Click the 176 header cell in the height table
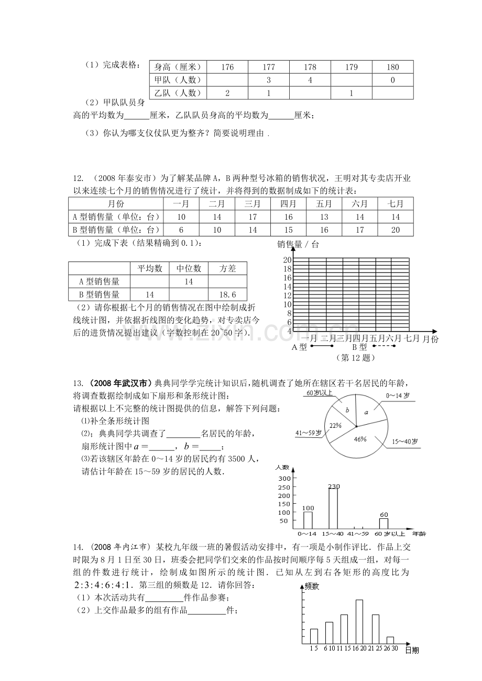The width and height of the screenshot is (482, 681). [227, 67]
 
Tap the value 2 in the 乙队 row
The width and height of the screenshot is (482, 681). [227, 93]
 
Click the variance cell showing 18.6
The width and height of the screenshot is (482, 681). [227, 294]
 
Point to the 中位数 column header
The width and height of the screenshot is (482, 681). [189, 268]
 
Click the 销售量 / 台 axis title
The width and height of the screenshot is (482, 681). [298, 244]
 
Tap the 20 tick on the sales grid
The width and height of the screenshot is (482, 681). [287, 260]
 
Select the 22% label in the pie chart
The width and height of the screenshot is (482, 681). [335, 425]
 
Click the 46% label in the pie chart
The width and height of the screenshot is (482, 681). [360, 439]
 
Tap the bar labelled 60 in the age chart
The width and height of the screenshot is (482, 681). [384, 524]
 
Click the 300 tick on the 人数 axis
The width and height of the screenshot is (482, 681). [284, 479]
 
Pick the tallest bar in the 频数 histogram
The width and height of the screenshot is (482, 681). [359, 621]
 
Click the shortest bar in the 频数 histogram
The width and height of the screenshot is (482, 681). [390, 640]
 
